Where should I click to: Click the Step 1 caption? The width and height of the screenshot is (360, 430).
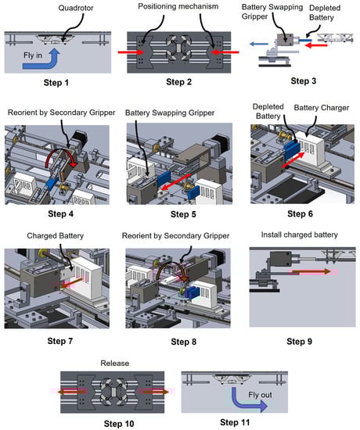[56, 83]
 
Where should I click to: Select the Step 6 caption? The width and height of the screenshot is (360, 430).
[300, 213]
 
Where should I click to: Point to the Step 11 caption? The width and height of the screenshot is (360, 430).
[235, 422]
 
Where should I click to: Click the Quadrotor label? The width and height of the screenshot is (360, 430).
[76, 8]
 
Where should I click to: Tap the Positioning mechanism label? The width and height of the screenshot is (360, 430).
[178, 6]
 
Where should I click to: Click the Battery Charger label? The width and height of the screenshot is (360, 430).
[322, 108]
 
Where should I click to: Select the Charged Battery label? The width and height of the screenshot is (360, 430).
[56, 236]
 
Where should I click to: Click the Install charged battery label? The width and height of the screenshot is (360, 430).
[299, 235]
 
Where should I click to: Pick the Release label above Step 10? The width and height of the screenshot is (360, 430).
[115, 364]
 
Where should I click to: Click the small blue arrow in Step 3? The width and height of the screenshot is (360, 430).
[259, 44]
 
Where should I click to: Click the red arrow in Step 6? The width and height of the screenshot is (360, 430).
[293, 159]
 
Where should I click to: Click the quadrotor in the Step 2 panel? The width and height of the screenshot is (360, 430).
[178, 48]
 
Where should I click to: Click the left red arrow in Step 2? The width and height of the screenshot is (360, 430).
[131, 52]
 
